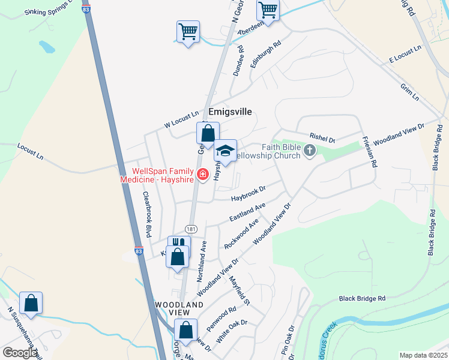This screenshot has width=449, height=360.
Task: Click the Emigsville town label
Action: pyautogui.click(x=230, y=112)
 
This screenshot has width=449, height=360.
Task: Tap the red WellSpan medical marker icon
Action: pyautogui.click(x=203, y=175)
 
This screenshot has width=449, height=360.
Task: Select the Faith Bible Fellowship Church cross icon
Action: pyautogui.click(x=310, y=151)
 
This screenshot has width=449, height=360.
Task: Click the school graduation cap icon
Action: pyautogui.click(x=226, y=152)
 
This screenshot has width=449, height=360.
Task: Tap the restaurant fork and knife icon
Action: pyautogui.click(x=178, y=245)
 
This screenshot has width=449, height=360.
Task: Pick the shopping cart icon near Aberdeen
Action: pyautogui.click(x=268, y=10)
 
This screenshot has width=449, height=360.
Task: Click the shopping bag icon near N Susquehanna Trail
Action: pyautogui.click(x=31, y=303)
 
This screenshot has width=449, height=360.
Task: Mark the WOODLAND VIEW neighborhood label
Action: pyautogui.click(x=179, y=308)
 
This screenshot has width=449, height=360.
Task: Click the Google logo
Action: pyautogui.click(x=20, y=353)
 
